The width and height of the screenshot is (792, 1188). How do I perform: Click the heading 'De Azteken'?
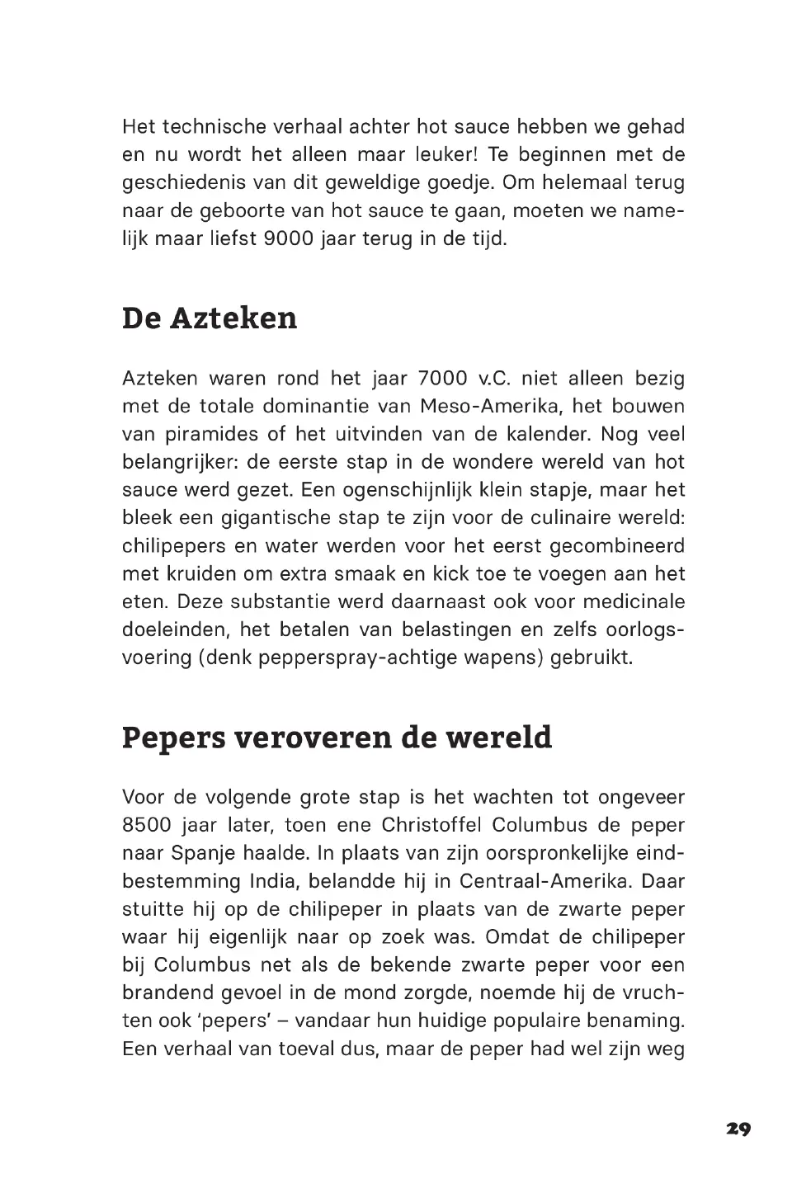[210, 318]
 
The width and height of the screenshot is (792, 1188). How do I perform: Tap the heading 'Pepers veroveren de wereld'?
[337, 737]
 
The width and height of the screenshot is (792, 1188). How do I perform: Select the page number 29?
[738, 1129]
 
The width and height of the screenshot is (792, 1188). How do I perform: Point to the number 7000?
[442, 379]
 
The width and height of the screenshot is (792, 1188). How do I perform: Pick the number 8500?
[147, 825]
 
